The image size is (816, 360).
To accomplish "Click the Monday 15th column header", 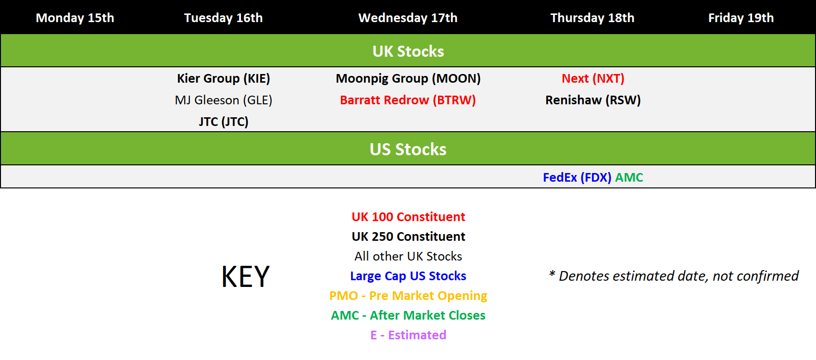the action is pyautogui.click(x=75, y=18).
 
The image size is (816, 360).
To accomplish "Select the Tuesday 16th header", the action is pyautogui.click(x=223, y=18).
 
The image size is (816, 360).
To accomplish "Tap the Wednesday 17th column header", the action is pyautogui.click(x=408, y=18).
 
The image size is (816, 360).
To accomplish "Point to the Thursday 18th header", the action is pyautogui.click(x=592, y=18).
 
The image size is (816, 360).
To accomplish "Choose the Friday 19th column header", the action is pyautogui.click(x=741, y=18).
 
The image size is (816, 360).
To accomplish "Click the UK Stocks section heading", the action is pyautogui.click(x=408, y=51).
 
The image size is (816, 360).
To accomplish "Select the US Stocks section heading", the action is pyautogui.click(x=408, y=149).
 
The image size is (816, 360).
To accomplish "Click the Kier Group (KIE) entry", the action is pyautogui.click(x=223, y=79).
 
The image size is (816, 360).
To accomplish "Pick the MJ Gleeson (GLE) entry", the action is pyautogui.click(x=223, y=100).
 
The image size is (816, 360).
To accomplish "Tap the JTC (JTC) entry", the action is pyautogui.click(x=223, y=122).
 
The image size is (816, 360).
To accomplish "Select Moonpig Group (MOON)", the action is pyautogui.click(x=408, y=79).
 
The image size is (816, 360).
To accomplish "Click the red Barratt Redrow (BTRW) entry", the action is pyautogui.click(x=408, y=100).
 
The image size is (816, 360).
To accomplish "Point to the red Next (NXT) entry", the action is pyautogui.click(x=593, y=79).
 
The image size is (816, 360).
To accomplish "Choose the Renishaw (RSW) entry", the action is pyautogui.click(x=593, y=100).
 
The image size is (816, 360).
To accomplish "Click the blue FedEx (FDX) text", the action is pyautogui.click(x=577, y=178).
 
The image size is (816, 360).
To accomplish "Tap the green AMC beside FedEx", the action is pyautogui.click(x=629, y=178).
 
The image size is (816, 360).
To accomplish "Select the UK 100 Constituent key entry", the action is pyautogui.click(x=408, y=217).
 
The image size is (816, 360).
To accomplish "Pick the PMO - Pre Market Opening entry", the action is pyautogui.click(x=408, y=296).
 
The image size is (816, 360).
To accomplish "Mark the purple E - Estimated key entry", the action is pyautogui.click(x=408, y=335).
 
